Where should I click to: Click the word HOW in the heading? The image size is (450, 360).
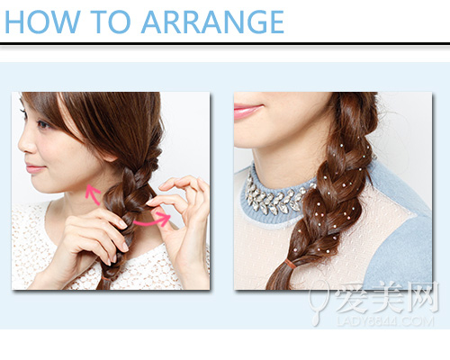click(43, 22)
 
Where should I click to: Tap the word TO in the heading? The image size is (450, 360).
click(111, 22)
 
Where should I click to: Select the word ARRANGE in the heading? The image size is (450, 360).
click(212, 22)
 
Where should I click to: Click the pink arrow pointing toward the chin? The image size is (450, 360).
click(91, 194)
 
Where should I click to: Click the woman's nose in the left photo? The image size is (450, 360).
click(24, 144)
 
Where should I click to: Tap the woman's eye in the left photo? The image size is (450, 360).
click(43, 124)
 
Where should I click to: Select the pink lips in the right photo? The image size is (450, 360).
click(247, 111)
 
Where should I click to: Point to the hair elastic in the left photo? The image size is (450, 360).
click(106, 279)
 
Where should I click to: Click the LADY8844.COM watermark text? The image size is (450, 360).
click(385, 321)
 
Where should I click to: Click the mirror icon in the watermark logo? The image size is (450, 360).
click(318, 303)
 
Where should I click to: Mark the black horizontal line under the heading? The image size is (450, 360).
click(225, 44)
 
